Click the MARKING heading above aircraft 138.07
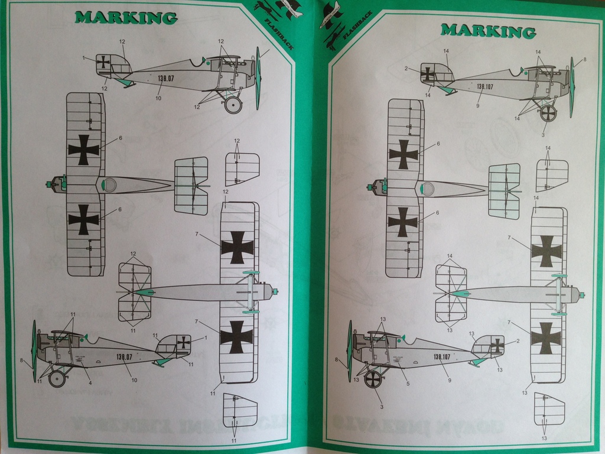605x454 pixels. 126,17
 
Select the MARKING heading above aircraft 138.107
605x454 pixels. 489,30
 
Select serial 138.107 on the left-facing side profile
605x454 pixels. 443,356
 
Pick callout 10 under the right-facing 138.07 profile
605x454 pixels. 158,98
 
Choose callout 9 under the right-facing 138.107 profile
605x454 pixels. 477,106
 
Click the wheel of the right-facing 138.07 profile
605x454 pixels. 233,105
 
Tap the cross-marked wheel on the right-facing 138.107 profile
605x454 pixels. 548,113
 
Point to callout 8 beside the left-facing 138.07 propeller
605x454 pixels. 22,360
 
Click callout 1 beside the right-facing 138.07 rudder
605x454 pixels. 84,58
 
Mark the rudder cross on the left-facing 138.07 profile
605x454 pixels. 184,342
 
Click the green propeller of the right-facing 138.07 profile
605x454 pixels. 258,78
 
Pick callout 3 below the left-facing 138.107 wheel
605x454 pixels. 382,407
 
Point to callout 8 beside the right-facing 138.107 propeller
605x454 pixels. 584,59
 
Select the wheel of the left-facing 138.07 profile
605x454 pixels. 57,378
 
